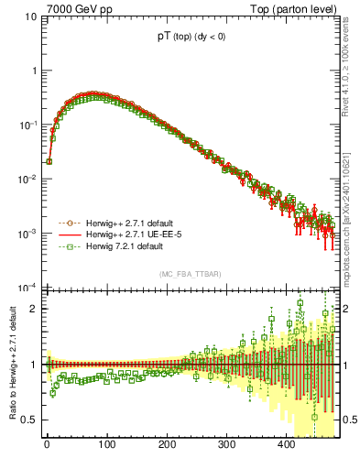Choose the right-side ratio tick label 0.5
point(350,420)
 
